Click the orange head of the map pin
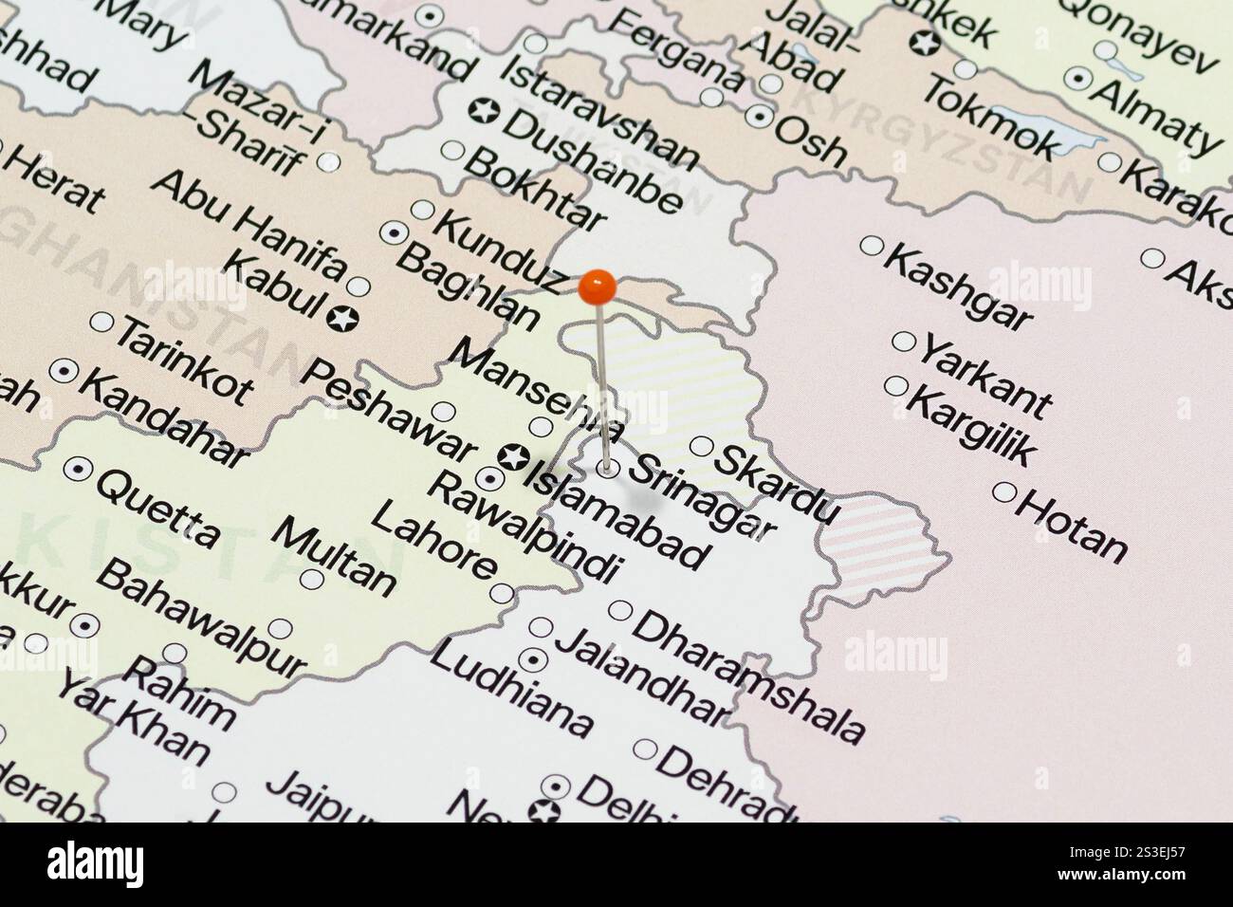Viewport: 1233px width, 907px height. point(598,287)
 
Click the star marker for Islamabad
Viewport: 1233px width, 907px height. point(514,457)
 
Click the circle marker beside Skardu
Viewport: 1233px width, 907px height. point(701,446)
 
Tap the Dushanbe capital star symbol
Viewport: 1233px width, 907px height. point(484,110)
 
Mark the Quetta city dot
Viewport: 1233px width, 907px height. point(78,468)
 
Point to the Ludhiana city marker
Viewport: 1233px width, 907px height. point(536,657)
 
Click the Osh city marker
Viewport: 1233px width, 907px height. point(761,116)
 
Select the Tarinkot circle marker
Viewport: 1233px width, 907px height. point(101,323)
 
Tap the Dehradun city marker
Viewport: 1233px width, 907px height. point(645,749)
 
